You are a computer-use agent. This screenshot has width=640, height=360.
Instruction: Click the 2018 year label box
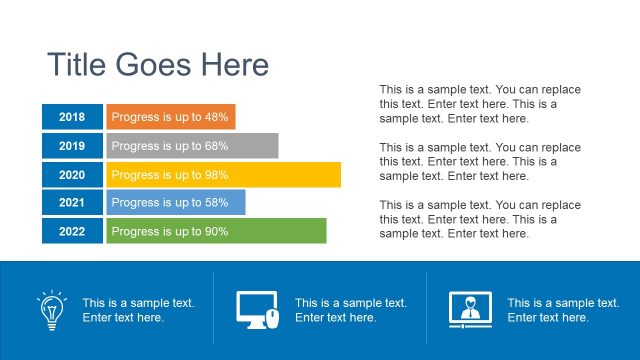pyautogui.click(x=72, y=117)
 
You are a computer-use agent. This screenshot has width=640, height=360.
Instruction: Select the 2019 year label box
pyautogui.click(x=72, y=146)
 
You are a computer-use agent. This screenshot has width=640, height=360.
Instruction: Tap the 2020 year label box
pyautogui.click(x=72, y=175)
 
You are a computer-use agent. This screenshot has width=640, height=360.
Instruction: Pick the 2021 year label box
pyautogui.click(x=72, y=203)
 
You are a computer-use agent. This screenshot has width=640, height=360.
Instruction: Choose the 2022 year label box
pyautogui.click(x=72, y=232)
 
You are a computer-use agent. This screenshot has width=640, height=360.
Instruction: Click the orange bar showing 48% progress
pyautogui.click(x=171, y=117)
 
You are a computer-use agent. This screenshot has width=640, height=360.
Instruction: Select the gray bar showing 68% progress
pyautogui.click(x=192, y=146)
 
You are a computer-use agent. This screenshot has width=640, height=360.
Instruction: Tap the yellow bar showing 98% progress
pyautogui.click(x=223, y=175)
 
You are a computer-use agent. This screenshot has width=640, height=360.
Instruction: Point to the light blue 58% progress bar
pyautogui.click(x=176, y=203)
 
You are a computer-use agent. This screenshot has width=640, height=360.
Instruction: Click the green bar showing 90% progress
pyautogui.click(x=216, y=232)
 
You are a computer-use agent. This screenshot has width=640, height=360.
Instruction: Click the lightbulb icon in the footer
pyautogui.click(x=51, y=309)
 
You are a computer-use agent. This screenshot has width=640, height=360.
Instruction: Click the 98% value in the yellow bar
pyautogui.click(x=217, y=175)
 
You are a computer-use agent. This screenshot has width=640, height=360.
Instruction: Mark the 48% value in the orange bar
pyautogui.click(x=217, y=117)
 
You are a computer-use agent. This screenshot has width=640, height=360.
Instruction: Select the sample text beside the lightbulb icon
pyautogui.click(x=138, y=310)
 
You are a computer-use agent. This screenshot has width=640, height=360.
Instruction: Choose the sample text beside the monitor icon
pyautogui.click(x=350, y=310)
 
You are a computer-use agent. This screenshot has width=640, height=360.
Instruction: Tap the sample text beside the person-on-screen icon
pyautogui.click(x=563, y=310)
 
